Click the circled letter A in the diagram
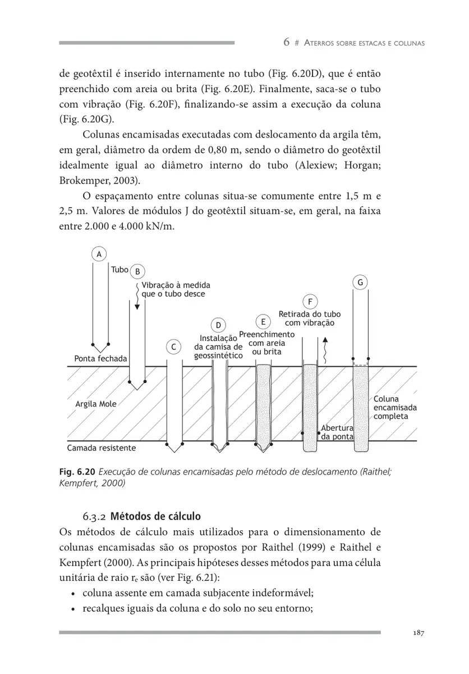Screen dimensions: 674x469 pos(99,254)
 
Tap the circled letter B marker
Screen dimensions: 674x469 pos(137,271)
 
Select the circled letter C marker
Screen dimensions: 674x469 pos(174,347)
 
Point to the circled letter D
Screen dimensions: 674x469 pos(218,325)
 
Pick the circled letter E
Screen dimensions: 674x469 pos(263,322)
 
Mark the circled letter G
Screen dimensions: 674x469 pos(360,282)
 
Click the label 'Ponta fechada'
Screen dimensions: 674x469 pos(100,358)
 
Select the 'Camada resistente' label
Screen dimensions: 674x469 pos(101,448)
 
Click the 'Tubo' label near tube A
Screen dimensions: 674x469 pos(119,270)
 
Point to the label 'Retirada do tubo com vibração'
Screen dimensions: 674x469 pos(310,318)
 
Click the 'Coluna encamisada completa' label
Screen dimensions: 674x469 pos(394,408)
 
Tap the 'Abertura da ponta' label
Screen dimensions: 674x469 pos(337,432)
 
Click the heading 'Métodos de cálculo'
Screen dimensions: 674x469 pos(155,516)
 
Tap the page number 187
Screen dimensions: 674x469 pos(417,632)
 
